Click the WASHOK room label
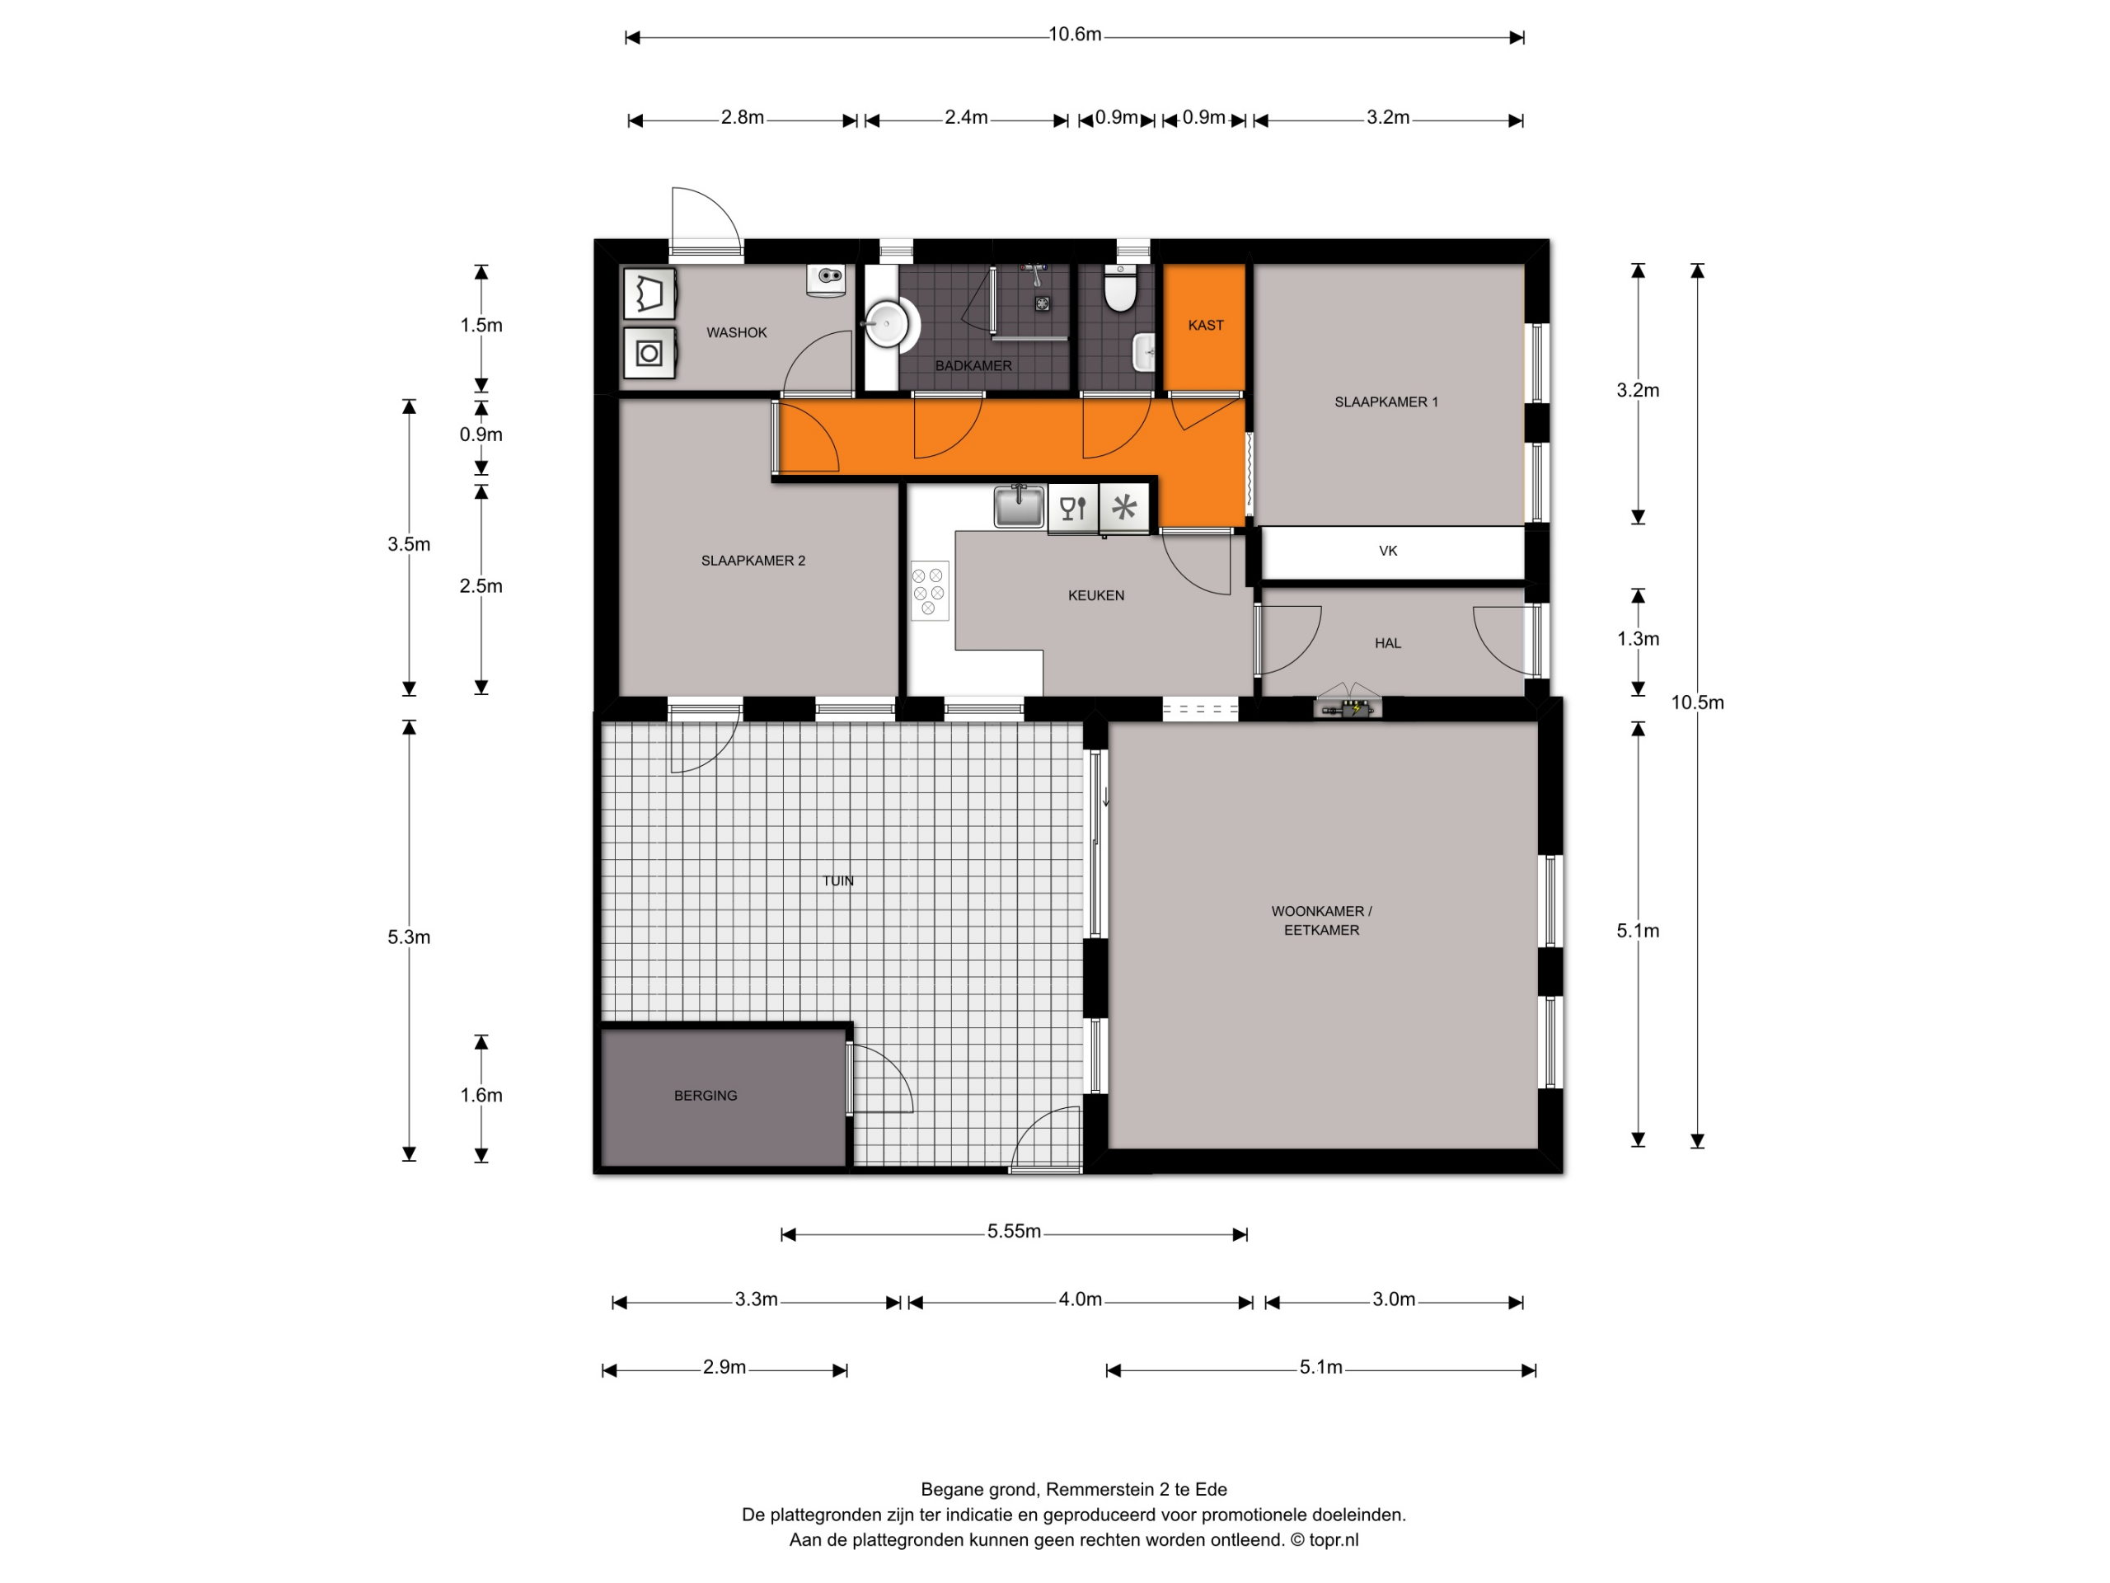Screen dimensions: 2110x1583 pyautogui.click(x=736, y=332)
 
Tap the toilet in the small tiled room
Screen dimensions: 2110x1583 pyautogui.click(x=1120, y=289)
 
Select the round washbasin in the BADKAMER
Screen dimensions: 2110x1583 pyautogui.click(x=887, y=324)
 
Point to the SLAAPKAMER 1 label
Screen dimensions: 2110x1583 pyautogui.click(x=1386, y=402)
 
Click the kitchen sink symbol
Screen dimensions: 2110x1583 pyautogui.click(x=1019, y=505)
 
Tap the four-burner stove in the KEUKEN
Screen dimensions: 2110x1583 pyautogui.click(x=929, y=590)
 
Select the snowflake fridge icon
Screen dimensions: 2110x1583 pyautogui.click(x=1124, y=507)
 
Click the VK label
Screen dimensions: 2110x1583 pyautogui.click(x=1388, y=551)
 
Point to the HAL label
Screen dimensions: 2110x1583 pyautogui.click(x=1388, y=643)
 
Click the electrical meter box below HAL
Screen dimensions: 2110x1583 pyautogui.click(x=1348, y=707)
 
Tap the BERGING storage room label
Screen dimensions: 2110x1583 pyautogui.click(x=706, y=1096)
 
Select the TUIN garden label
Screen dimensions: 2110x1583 pyautogui.click(x=838, y=881)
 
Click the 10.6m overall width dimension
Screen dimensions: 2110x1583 pyautogui.click(x=1075, y=35)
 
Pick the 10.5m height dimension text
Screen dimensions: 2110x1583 pyautogui.click(x=1698, y=703)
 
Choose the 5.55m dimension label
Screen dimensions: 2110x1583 pyautogui.click(x=1014, y=1232)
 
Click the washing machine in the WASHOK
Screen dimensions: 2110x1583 pyautogui.click(x=649, y=354)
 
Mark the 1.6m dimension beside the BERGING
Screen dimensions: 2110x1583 pyautogui.click(x=481, y=1096)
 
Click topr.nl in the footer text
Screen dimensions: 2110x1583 pyautogui.click(x=1334, y=1539)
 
